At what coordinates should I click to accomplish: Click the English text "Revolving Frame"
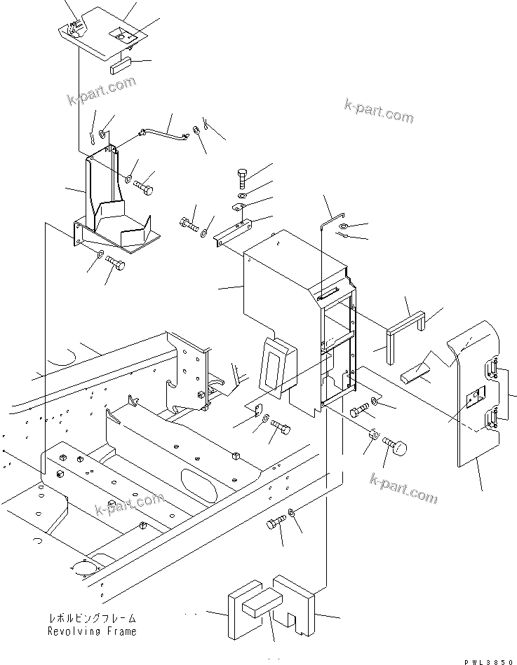(92, 631)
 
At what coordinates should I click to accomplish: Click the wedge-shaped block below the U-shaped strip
(419, 374)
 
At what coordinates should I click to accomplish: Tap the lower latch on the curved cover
(491, 420)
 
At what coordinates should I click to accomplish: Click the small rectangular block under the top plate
(121, 67)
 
